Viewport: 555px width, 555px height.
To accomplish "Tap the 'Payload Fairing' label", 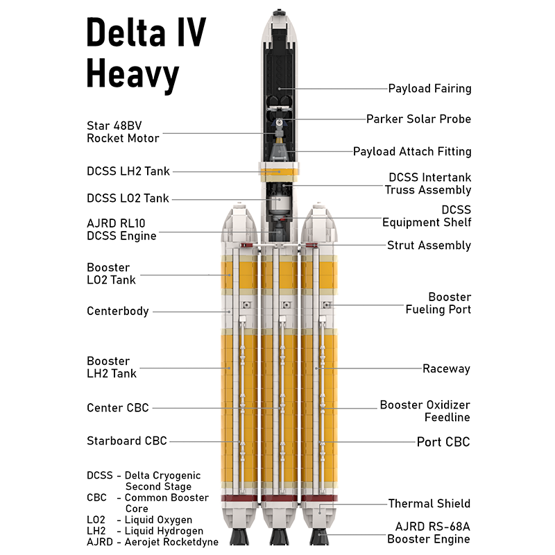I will [x=429, y=89].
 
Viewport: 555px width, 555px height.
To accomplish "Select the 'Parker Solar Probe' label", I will [x=418, y=119].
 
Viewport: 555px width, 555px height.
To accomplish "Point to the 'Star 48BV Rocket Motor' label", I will [x=123, y=132].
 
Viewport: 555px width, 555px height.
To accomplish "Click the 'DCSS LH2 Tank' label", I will [x=128, y=171].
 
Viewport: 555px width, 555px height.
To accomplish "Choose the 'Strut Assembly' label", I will [x=429, y=246].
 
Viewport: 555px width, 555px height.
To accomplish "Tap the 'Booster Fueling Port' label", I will [x=438, y=303].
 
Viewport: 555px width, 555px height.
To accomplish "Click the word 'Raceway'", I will [x=446, y=368].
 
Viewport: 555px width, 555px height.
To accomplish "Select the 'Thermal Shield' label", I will [x=429, y=504].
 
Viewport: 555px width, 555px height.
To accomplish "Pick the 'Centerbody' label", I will [x=118, y=311].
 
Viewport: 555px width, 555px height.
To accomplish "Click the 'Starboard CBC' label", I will [x=127, y=441].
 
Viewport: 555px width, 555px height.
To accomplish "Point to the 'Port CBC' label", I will [x=443, y=442].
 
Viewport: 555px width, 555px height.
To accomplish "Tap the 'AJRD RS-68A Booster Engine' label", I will [x=428, y=533].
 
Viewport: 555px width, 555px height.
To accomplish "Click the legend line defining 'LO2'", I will [x=139, y=520].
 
